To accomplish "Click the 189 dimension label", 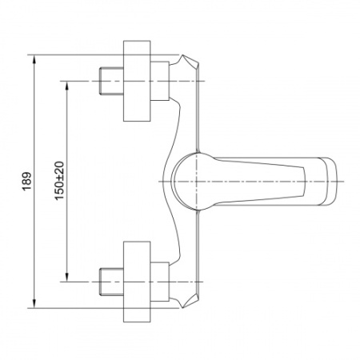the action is pos(27,182).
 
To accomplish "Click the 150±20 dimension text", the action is pos(59,181).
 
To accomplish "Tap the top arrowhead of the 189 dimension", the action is pos(34,59).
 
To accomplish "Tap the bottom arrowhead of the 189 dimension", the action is pos(34,303).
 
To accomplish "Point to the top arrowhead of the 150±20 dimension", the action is pos(67,86).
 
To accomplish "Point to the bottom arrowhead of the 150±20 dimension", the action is pos(67,277).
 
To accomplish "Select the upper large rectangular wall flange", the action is pos(137,81).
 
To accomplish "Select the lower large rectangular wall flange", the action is pos(137,282).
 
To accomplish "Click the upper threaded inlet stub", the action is pos(111,81).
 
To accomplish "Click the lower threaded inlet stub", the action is pos(111,282).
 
